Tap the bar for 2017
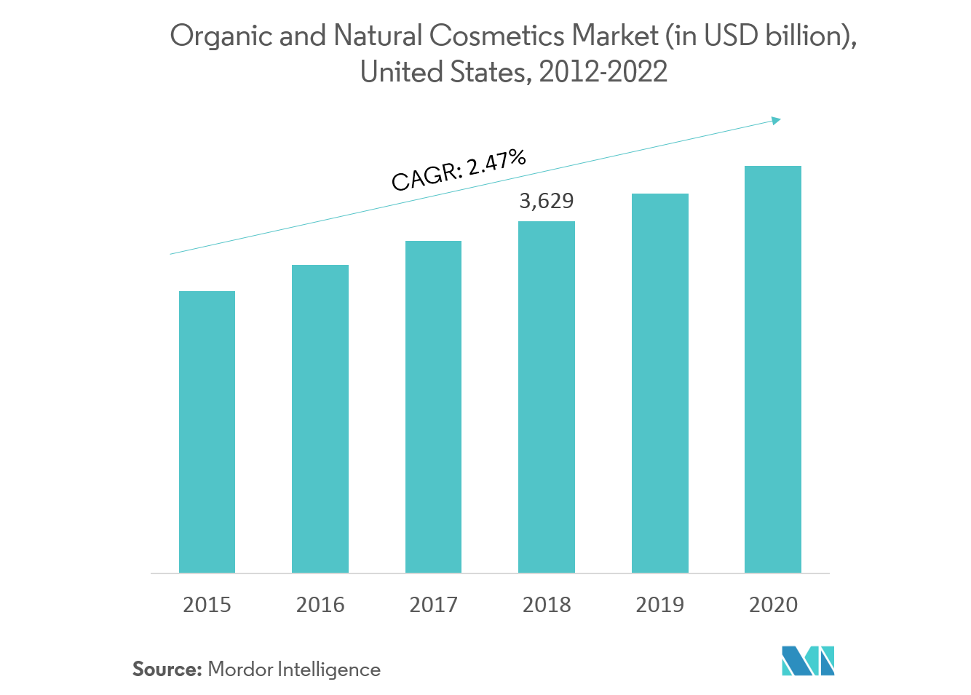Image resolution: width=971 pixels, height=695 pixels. point(433,407)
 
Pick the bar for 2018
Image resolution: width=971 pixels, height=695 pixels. point(547,397)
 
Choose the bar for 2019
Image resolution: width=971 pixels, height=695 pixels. point(659,383)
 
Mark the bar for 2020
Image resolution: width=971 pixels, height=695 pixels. point(773,369)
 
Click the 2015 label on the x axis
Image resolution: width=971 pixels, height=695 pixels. point(207,605)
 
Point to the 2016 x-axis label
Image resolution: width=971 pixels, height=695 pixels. point(320,605)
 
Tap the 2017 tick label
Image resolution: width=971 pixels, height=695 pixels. point(433,605)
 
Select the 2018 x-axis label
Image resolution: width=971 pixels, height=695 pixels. point(547,605)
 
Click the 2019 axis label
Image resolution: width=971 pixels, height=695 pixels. point(659,605)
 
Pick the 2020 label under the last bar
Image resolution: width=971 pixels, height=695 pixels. point(773,605)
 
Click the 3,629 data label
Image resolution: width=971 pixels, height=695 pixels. point(546,201)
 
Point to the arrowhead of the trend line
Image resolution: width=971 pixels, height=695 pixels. point(777,120)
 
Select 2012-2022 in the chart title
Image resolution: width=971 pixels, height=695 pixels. point(603,72)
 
